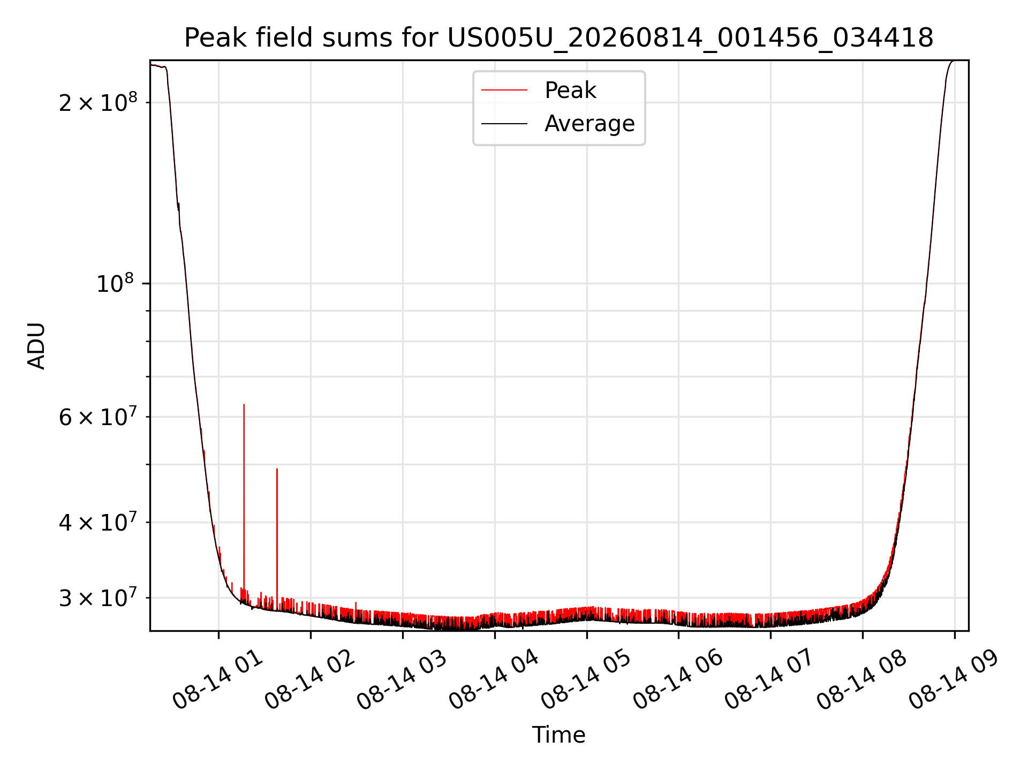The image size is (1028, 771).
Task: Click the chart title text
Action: pyautogui.click(x=558, y=38)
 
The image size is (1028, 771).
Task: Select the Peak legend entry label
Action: pyautogui.click(x=570, y=90)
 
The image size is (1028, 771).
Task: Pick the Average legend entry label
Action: pyautogui.click(x=589, y=124)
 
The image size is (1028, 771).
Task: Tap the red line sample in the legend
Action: pyautogui.click(x=504, y=90)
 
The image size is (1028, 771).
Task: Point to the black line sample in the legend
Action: pyautogui.click(x=504, y=124)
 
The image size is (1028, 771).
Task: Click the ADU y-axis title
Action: pyautogui.click(x=36, y=346)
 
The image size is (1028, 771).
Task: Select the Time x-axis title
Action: pyautogui.click(x=558, y=735)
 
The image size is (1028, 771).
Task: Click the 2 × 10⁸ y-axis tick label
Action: pyautogui.click(x=98, y=102)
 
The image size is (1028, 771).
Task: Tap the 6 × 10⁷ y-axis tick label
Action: pyautogui.click(x=98, y=416)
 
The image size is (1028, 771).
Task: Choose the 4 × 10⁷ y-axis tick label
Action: pyautogui.click(x=98, y=521)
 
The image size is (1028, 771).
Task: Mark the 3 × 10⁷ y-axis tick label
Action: pyautogui.click(x=98, y=598)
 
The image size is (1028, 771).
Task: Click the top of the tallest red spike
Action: pyautogui.click(x=244, y=405)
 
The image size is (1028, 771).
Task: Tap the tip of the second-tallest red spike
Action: pyautogui.click(x=277, y=469)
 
